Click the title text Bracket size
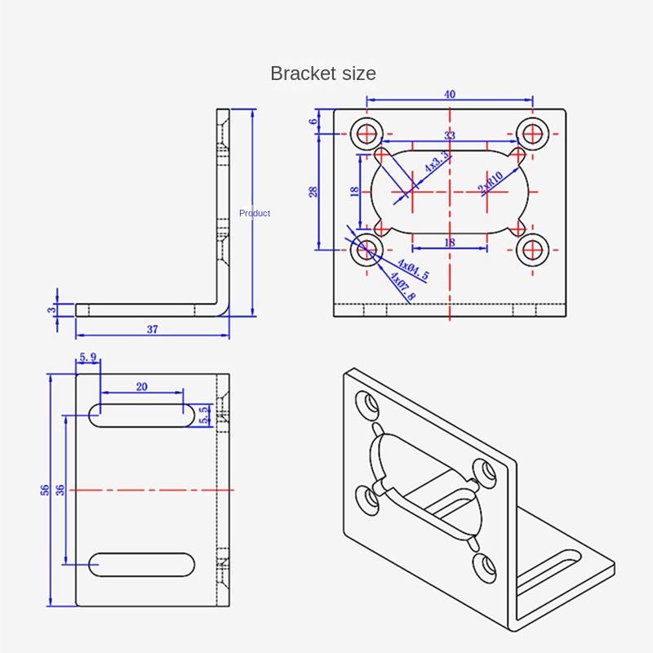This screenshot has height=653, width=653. click(x=323, y=73)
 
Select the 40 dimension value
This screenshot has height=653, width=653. click(x=450, y=94)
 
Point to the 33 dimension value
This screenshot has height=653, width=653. click(x=450, y=135)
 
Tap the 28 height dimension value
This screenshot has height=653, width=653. click(x=313, y=192)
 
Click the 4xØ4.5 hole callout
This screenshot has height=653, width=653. click(x=413, y=270)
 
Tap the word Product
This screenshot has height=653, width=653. click(x=255, y=213)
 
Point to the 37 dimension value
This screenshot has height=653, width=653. click(x=153, y=329)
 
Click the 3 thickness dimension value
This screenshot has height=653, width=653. click(x=51, y=310)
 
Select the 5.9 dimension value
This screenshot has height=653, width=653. click(x=87, y=358)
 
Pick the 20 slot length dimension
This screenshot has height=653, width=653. click(x=141, y=388)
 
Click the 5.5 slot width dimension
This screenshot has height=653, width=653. click(x=205, y=415)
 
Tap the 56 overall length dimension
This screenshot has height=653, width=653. click(x=46, y=490)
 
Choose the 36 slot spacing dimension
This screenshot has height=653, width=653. click(x=60, y=490)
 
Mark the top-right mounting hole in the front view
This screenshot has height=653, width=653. click(x=534, y=132)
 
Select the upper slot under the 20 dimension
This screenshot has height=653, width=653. click(x=142, y=415)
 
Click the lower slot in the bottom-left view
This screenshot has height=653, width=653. click(x=142, y=564)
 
